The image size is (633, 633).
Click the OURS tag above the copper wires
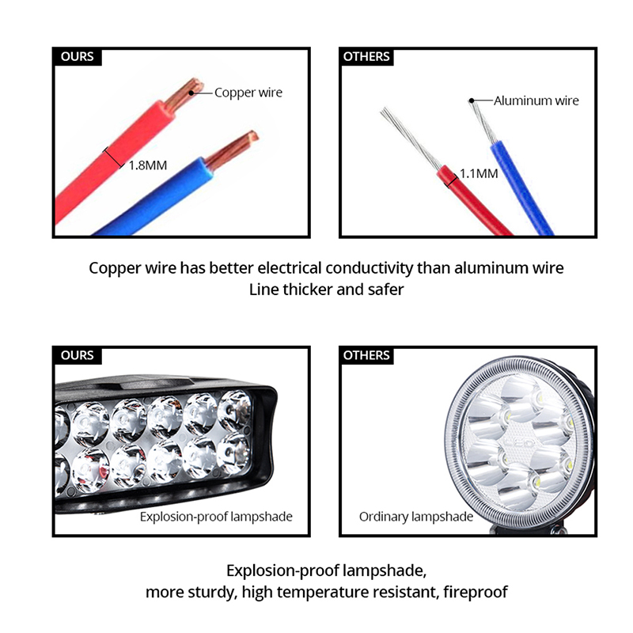coord(77,56)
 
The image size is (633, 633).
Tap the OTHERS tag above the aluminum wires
coord(366,56)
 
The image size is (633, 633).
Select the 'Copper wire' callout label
coord(248,93)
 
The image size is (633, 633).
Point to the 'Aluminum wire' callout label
coord(536,100)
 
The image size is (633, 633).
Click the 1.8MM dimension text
coord(148,165)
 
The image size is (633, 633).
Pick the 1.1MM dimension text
coord(479,173)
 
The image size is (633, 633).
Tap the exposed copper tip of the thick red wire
coord(184,94)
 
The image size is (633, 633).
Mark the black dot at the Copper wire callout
coord(191,93)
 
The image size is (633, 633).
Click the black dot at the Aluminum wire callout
coord(471,100)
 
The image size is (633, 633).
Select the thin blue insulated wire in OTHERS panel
coord(521,188)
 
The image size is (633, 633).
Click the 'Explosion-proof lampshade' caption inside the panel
coord(216,517)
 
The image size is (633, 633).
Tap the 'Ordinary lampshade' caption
coord(416,517)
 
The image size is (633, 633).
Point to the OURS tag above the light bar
coord(77,355)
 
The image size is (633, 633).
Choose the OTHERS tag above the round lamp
coord(366,355)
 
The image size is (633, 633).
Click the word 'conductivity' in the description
coord(370,268)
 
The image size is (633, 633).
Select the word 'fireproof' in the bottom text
coord(476,592)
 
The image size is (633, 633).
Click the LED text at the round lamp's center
coord(524,443)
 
